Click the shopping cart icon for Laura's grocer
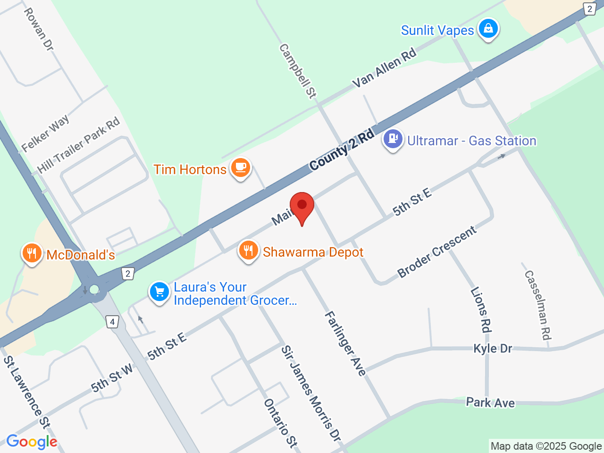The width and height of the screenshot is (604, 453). tap(159, 292)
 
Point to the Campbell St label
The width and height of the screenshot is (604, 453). tap(297, 71)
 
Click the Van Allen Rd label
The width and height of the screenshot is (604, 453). tap(385, 68)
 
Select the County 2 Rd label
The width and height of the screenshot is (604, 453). tap(342, 150)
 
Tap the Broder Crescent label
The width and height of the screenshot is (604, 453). tap(437, 252)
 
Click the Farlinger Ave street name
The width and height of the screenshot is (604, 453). tap(345, 344)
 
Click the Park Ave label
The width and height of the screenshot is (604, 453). tap(490, 403)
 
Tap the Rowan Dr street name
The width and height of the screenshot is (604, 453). tap(39, 29)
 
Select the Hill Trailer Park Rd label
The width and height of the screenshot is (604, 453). tap(79, 145)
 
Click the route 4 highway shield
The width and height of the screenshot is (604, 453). tap(112, 322)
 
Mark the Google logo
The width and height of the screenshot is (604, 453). tap(32, 442)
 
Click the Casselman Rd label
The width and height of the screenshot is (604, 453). tap(537, 305)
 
